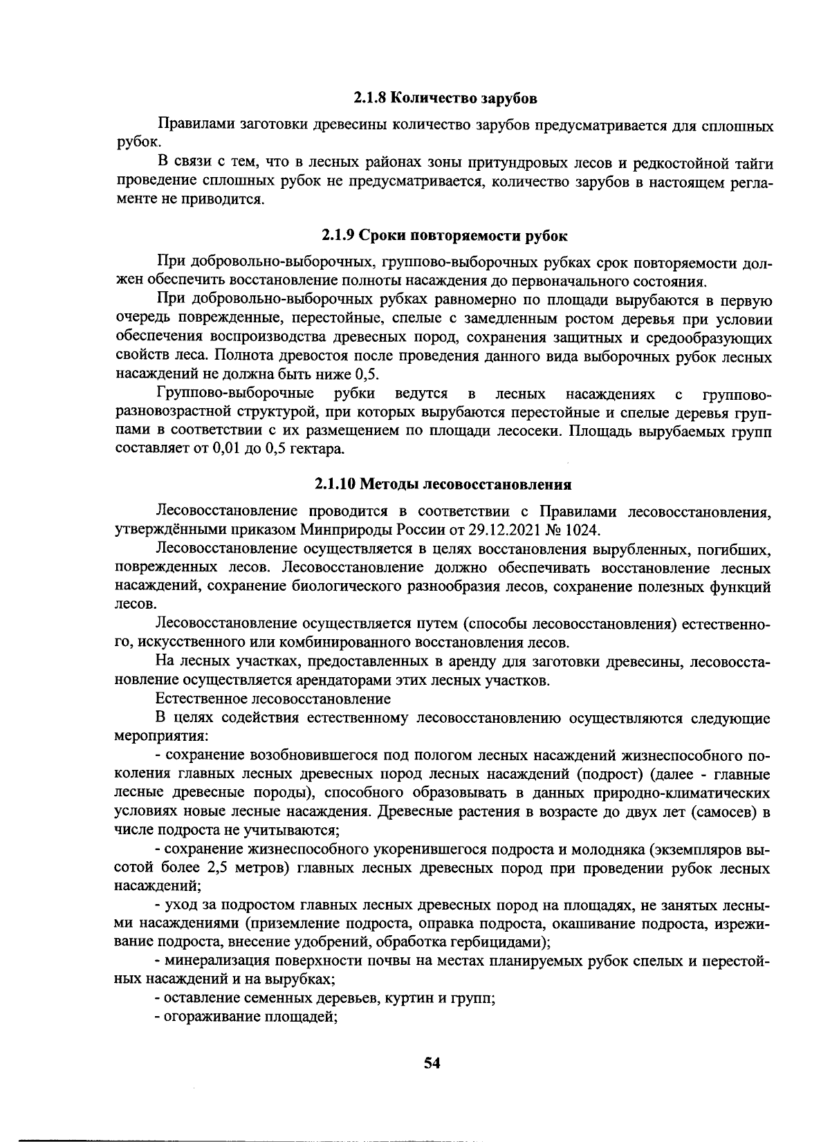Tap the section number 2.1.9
coord(339,235)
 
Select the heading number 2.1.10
coord(337,483)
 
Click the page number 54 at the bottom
coord(433,1063)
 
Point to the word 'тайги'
coord(751,164)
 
